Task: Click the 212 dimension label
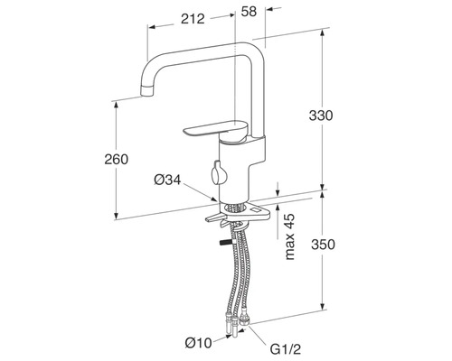(193, 19)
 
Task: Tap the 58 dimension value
(249, 12)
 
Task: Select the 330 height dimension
(321, 116)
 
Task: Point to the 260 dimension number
(117, 159)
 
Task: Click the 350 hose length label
(323, 245)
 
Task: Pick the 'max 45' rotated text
(289, 236)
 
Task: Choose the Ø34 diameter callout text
(167, 180)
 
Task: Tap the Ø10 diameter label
(199, 343)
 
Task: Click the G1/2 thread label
(286, 349)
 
